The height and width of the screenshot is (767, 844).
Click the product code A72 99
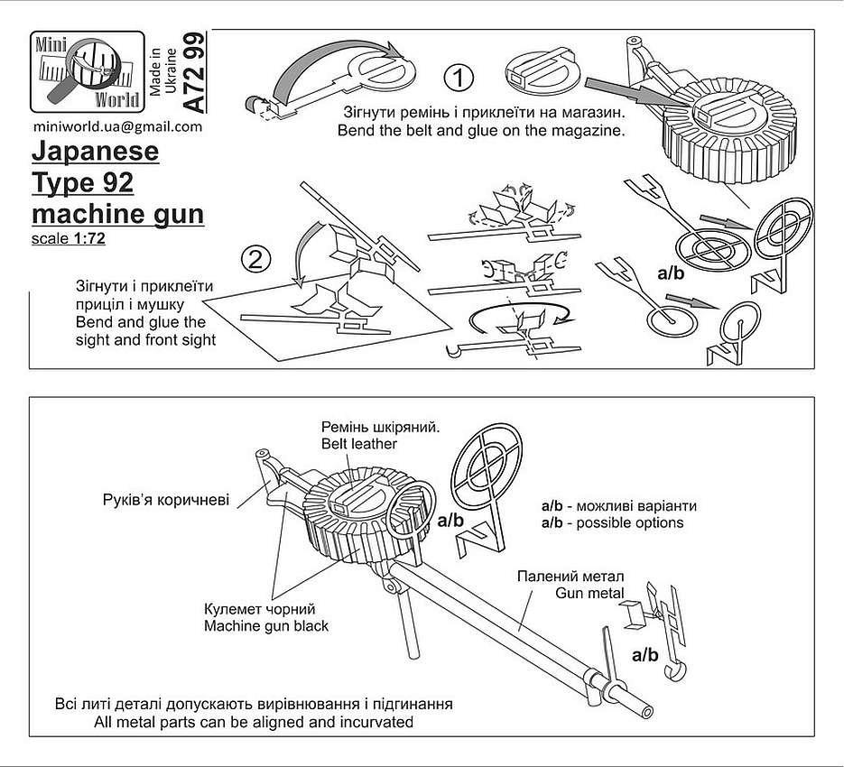194,71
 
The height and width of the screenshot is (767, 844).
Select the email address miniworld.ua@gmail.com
116,126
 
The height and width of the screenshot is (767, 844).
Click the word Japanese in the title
96,152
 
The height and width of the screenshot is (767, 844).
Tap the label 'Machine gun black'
266,626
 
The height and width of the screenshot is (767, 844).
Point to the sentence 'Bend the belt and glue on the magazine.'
480,131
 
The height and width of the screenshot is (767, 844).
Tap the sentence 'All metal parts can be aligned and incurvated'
254,722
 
